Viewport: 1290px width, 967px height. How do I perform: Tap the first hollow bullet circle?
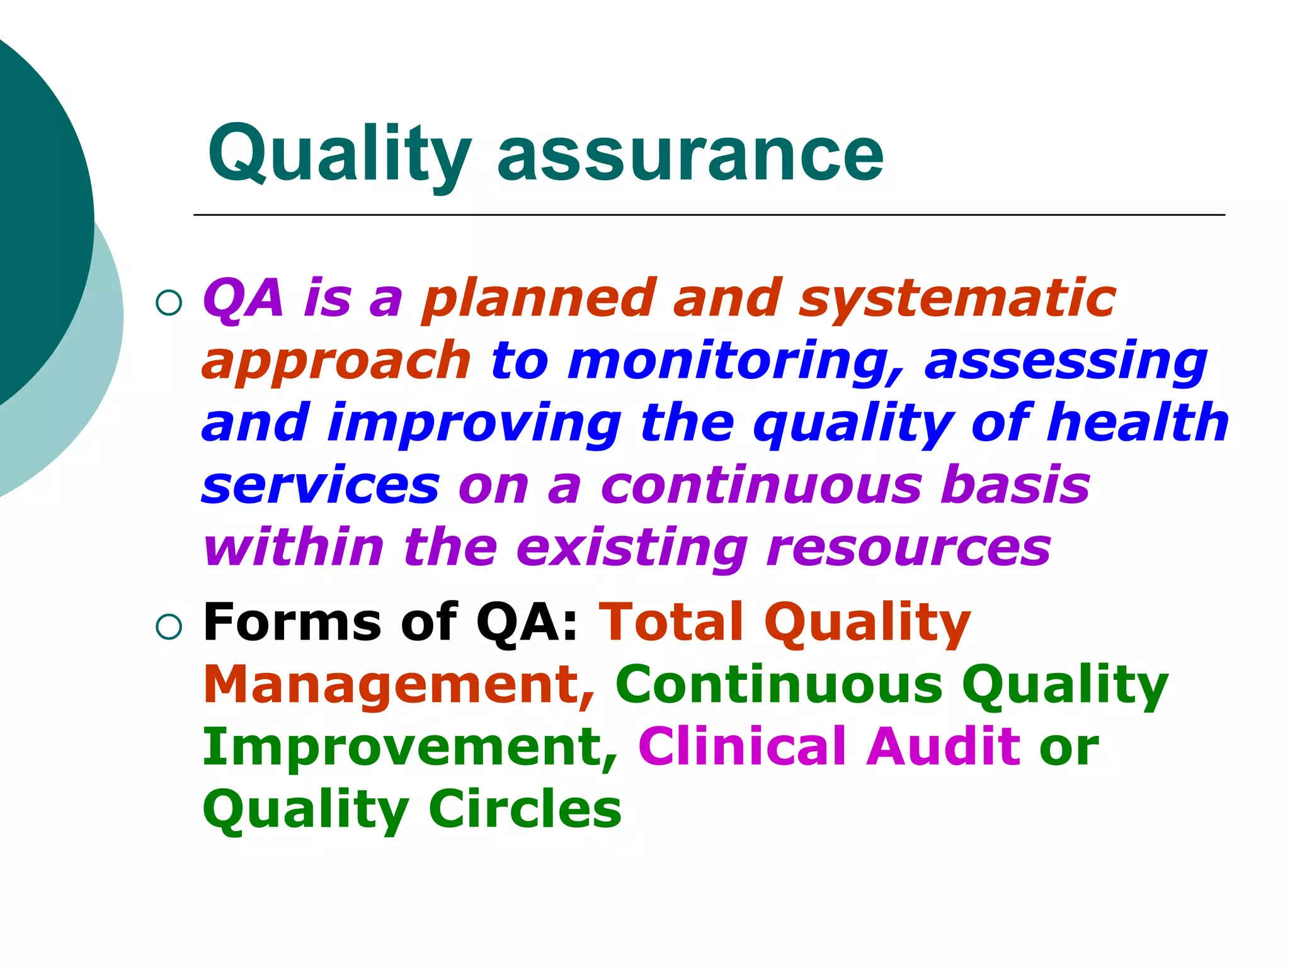click(x=169, y=303)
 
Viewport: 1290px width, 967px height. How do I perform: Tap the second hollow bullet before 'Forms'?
click(x=169, y=627)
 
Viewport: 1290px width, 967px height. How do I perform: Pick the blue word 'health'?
click(x=1137, y=423)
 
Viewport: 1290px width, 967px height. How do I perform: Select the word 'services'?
click(x=321, y=486)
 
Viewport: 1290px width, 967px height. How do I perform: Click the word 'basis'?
click(x=1014, y=486)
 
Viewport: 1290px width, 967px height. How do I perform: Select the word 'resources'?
click(x=909, y=548)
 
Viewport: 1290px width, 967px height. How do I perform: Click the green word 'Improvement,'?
click(x=410, y=748)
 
